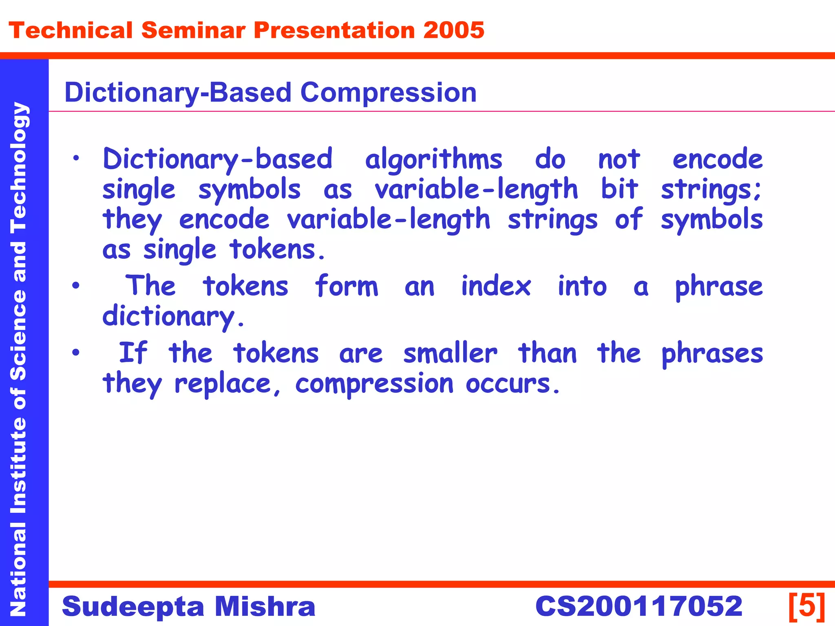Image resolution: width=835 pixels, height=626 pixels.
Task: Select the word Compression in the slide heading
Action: pos(388,93)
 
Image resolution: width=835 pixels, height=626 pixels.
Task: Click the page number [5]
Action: pos(806,606)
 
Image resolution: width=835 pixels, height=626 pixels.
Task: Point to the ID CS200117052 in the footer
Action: pos(638,606)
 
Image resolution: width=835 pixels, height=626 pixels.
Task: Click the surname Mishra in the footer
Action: pos(265,606)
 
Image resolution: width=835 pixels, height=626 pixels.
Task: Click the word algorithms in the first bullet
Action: pos(433,160)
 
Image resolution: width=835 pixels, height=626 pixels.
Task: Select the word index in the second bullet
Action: pos(496,286)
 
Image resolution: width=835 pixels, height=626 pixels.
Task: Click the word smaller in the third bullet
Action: pos(450,353)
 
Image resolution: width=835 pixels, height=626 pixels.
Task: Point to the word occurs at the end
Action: pos(512,384)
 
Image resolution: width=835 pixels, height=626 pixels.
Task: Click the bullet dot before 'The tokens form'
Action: pos(76,286)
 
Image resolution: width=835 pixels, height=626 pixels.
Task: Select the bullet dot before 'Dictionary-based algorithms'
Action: pos(76,159)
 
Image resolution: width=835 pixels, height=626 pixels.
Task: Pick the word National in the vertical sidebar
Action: pos(19,569)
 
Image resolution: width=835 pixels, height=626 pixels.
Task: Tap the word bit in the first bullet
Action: pos(619,190)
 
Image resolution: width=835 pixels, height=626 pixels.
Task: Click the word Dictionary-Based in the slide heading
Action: pos(178,93)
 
